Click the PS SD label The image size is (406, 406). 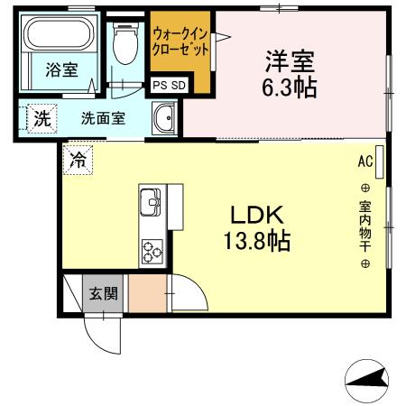click(168, 87)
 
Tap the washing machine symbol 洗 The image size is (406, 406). click(40, 118)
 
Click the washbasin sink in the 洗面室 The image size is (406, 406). click(163, 117)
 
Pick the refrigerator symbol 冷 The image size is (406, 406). click(77, 162)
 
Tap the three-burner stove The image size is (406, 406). click(150, 250)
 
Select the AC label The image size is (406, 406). click(364, 161)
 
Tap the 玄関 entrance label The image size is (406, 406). click(102, 292)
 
